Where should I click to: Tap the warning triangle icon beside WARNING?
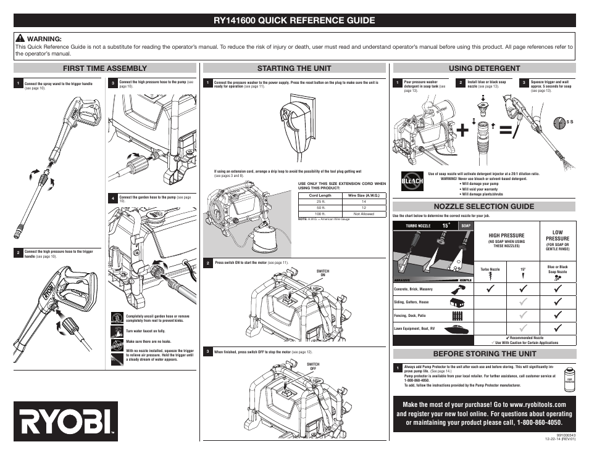20,38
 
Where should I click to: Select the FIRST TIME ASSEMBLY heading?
105,68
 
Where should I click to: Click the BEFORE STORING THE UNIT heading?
484,354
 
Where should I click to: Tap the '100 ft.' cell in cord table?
320,214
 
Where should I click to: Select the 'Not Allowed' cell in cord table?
364,214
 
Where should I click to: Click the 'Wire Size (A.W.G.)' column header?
364,195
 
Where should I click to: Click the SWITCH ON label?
322,273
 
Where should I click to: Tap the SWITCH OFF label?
314,366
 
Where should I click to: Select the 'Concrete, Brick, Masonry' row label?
414,289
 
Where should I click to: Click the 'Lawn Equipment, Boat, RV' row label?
414,329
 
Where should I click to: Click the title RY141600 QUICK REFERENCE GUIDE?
294,20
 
